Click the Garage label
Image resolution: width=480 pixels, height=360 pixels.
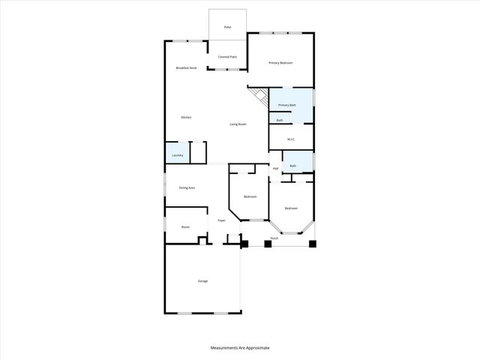pos(202,281)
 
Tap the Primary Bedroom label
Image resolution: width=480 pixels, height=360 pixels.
pos(280,63)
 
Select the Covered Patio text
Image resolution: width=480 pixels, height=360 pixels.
pos(227,57)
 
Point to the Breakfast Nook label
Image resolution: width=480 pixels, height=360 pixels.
pos(186,67)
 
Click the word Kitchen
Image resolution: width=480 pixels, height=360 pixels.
pos(186,118)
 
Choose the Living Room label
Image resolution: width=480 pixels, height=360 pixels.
pos(238,124)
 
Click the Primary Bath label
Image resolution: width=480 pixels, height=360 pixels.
pos(287,106)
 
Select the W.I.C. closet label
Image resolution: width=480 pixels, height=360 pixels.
pos(290,139)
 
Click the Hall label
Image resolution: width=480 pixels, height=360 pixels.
pos(275,169)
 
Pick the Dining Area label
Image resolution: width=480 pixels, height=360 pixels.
pos(187,187)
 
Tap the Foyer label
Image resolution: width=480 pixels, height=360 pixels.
pos(221,220)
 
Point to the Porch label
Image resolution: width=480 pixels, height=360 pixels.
pos(274,238)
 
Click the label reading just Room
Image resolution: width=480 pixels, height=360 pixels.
pos(185,226)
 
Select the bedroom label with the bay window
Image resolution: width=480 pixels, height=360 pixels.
pos(291,208)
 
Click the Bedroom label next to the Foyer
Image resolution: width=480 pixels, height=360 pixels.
pos(250,196)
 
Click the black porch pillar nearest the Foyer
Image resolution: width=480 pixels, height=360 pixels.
pos(244,244)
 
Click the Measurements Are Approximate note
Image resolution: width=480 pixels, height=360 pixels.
pos(239,348)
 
